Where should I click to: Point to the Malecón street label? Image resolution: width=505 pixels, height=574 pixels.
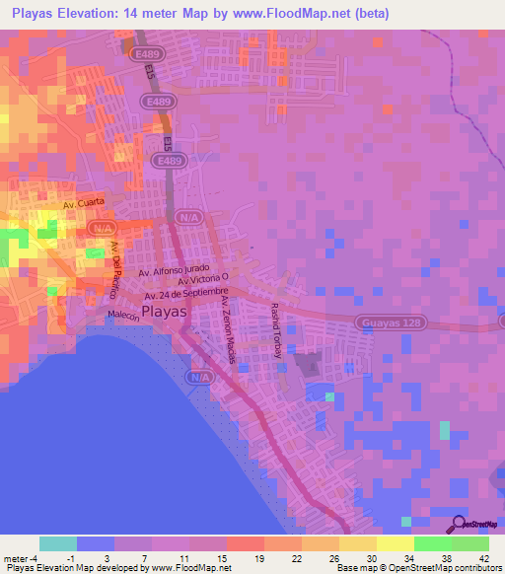(x=126, y=317)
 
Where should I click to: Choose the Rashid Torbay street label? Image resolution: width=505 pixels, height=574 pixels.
(x=276, y=330)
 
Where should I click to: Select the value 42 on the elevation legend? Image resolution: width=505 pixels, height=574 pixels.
(x=482, y=557)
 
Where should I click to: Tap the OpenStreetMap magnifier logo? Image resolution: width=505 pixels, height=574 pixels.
(x=456, y=526)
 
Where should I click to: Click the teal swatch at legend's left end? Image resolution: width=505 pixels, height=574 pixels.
(x=58, y=543)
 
